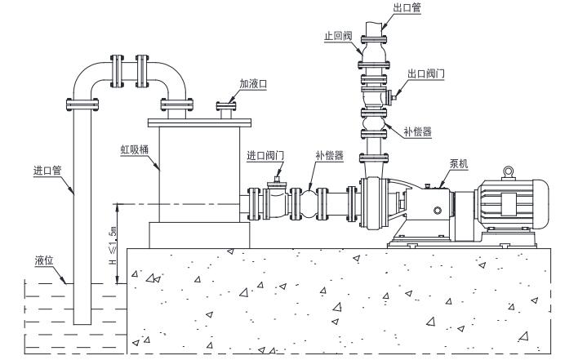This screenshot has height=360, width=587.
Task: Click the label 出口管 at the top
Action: [x=407, y=8]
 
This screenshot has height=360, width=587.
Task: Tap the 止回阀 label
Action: [x=338, y=36]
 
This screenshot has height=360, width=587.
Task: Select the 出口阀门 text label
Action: [x=426, y=73]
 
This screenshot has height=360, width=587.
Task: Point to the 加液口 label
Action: [x=253, y=84]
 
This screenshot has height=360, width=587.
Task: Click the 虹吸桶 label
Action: [x=135, y=149]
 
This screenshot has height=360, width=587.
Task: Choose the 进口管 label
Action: [x=47, y=171]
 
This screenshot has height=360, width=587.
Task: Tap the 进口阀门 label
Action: [x=265, y=156]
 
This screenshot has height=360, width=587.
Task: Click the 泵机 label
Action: [x=459, y=163]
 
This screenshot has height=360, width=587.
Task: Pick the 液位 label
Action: [x=44, y=260]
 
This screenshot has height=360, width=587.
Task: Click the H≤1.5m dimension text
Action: [x=113, y=246]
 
